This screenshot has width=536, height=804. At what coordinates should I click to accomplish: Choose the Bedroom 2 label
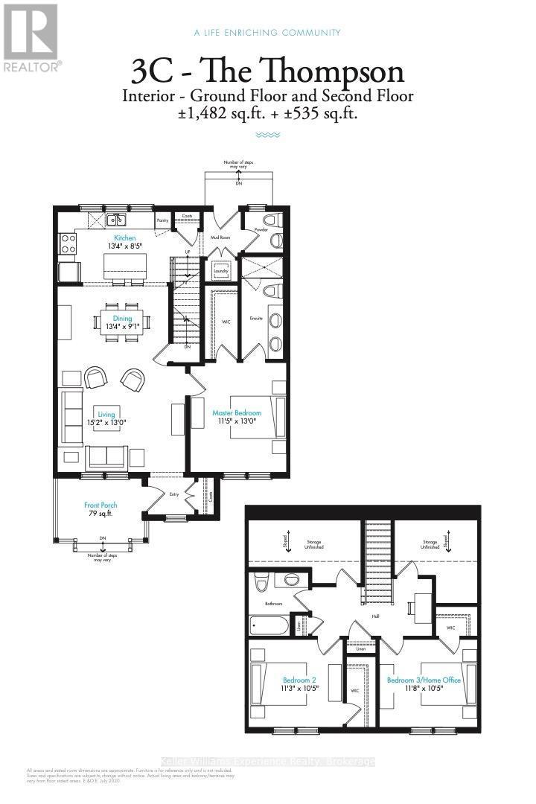[x=299, y=679]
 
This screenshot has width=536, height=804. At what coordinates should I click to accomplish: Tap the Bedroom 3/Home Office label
[x=424, y=679]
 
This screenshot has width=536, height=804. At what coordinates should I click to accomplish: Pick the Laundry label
[x=220, y=271]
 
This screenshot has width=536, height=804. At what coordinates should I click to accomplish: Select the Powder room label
[x=261, y=230]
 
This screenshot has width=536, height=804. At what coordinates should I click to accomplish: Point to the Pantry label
[x=162, y=220]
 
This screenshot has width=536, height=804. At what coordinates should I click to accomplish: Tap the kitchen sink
[x=115, y=220]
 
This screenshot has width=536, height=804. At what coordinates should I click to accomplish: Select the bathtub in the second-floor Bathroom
[x=269, y=624]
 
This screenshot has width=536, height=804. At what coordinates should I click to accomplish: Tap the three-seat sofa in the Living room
[x=72, y=419]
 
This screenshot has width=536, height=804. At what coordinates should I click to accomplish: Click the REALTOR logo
[x=31, y=37]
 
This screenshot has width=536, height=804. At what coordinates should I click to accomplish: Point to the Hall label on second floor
[x=376, y=616]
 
